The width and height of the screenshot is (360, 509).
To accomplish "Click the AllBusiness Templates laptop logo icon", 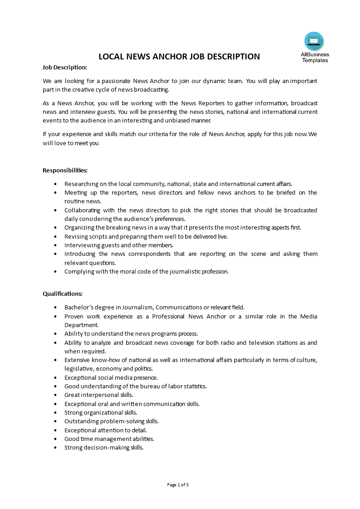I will [314, 41].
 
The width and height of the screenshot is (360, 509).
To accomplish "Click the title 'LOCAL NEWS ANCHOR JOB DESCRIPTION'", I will [179, 57].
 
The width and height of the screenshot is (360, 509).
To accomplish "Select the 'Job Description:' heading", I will [64, 68].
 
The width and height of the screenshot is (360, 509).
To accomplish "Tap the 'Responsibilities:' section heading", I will [65, 170].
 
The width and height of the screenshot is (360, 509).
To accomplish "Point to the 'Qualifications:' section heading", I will [63, 294].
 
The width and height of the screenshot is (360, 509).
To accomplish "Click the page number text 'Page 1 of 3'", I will [178, 485].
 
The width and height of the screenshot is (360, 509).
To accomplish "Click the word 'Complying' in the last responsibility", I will [78, 271].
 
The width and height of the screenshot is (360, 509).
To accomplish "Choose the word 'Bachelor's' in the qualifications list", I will [79, 307].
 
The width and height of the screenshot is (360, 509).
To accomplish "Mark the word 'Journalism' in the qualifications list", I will [137, 307].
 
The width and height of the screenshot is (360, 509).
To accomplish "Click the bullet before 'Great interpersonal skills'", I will [55, 395].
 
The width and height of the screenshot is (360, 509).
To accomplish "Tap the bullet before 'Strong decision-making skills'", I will [55, 448].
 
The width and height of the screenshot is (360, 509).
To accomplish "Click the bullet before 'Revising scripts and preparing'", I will [55, 236].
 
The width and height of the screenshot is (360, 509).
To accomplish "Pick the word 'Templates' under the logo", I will [315, 60].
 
